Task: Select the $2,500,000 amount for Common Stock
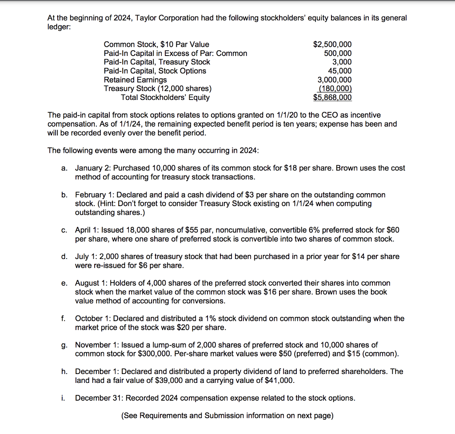(332, 44)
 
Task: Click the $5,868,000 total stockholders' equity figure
(332, 98)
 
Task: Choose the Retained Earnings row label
(135, 80)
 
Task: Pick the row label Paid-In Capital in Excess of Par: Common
(175, 53)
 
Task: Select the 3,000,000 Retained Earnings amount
(334, 80)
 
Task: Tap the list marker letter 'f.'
(64, 319)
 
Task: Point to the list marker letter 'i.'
(63, 398)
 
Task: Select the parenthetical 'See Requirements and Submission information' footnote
(227, 416)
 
